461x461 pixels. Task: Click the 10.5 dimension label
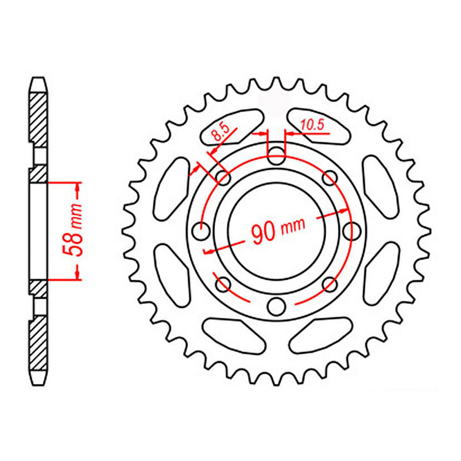[x=313, y=125]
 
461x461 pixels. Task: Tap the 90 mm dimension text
[x=277, y=230]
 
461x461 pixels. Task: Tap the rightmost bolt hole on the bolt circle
[x=353, y=230]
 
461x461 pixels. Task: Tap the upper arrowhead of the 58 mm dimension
[x=78, y=186]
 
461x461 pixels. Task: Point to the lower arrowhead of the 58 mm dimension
[x=78, y=276]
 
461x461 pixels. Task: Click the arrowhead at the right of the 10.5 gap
[x=289, y=134]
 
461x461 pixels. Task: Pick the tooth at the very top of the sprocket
[x=277, y=84]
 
